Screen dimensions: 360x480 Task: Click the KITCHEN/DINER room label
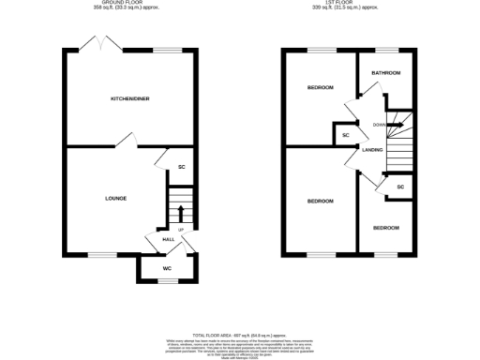[x=130, y=98]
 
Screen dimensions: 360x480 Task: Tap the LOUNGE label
[x=116, y=198]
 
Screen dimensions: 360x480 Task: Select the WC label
[x=167, y=270]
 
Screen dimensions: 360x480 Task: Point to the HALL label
[x=169, y=239]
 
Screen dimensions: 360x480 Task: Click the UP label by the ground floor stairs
[x=180, y=229]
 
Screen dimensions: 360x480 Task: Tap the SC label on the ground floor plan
[x=181, y=167]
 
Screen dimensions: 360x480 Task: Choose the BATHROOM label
[x=386, y=72]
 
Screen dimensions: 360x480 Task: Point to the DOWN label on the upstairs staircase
[x=380, y=125]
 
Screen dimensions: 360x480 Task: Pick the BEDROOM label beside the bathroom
[x=321, y=88]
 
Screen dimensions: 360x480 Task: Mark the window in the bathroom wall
[x=386, y=49]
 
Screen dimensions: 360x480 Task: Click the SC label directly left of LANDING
[x=345, y=136]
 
